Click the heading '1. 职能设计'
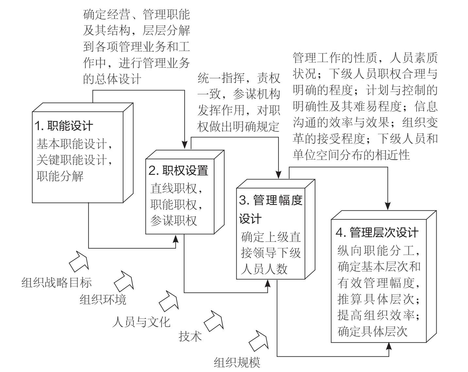click(x=64, y=126)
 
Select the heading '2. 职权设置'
click(x=178, y=170)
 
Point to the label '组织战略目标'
click(x=57, y=283)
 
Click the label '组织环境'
click(x=103, y=299)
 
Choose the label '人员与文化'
click(x=141, y=322)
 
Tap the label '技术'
click(x=190, y=336)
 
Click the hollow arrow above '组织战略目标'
click(x=79, y=261)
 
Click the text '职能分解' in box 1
click(x=60, y=176)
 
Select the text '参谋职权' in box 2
click(x=174, y=221)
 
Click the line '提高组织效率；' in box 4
click(x=378, y=315)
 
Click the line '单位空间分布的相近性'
click(x=351, y=154)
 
